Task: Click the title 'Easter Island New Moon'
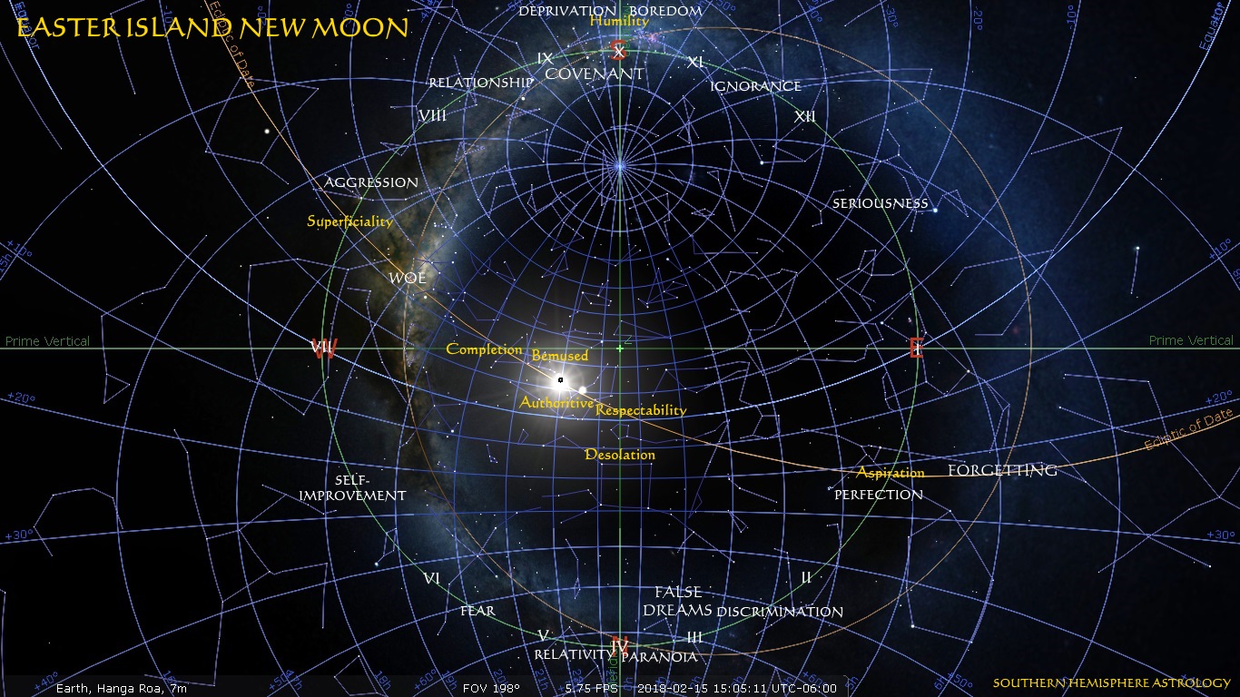coord(212,28)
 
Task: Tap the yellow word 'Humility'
coord(619,21)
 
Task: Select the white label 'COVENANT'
coord(595,74)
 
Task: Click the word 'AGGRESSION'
coord(371,182)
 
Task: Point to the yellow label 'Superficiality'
coord(349,221)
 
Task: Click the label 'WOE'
coord(408,278)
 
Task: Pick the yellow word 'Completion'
coord(484,349)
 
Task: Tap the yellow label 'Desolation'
coord(620,455)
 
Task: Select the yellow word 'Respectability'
coord(641,410)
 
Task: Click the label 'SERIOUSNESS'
coord(881,203)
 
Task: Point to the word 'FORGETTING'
coord(1002,470)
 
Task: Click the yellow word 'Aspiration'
coord(891,473)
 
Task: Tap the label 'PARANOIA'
coord(661,656)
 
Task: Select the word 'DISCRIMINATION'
coord(780,612)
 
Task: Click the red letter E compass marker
coord(916,348)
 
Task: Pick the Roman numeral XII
coord(804,116)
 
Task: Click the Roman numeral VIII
coord(432,115)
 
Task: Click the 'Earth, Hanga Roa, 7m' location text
coord(122,689)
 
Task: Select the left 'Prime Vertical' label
coord(47,341)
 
